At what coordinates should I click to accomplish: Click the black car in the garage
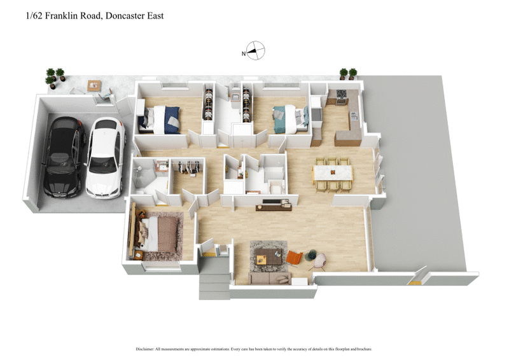coord(64,156)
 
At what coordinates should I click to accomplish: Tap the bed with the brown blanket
coord(159,234)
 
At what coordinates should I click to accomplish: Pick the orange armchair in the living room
coord(294,258)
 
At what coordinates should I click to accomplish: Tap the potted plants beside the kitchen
coord(348,74)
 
